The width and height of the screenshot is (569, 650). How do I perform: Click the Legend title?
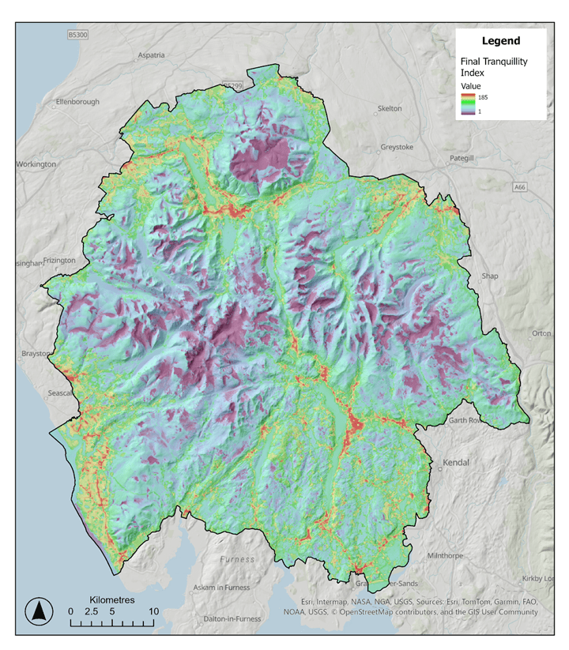coord(501,40)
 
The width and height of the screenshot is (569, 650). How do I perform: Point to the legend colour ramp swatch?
coord(468,103)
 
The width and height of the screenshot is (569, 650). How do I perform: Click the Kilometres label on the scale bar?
coord(112,600)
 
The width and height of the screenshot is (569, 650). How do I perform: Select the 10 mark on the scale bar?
coord(154,611)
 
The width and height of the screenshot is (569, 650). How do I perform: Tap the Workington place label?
coord(36,164)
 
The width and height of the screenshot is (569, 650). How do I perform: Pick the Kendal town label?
coord(456,462)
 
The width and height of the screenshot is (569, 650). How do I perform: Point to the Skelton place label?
coord(390,108)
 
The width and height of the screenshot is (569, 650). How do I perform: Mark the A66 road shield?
coord(518,188)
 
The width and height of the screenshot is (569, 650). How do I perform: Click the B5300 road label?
coord(77,36)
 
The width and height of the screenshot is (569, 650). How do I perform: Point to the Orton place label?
coord(541,333)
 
